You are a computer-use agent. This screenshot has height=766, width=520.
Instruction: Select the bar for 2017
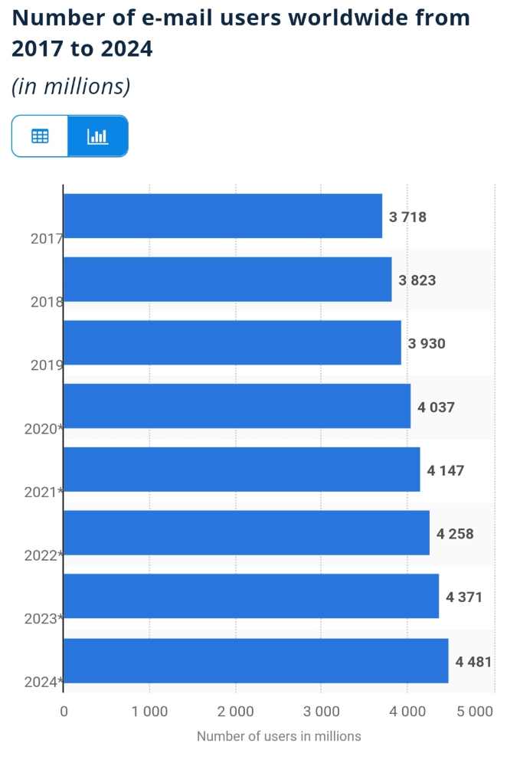click(222, 216)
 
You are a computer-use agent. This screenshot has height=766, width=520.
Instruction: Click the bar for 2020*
click(237, 406)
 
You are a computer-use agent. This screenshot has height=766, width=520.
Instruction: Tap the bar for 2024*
click(255, 660)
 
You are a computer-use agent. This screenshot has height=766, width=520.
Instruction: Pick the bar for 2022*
click(246, 533)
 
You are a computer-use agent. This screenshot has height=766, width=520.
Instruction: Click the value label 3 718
click(407, 217)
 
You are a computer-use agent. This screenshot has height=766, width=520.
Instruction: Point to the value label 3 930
click(427, 344)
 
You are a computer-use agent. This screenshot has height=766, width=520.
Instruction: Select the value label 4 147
click(446, 470)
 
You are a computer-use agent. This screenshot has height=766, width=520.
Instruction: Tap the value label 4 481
click(473, 661)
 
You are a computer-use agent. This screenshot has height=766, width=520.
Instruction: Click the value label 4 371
click(464, 597)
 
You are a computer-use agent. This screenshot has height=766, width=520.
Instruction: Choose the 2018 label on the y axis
click(46, 302)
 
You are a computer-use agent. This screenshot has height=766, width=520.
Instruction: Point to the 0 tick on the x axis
click(64, 712)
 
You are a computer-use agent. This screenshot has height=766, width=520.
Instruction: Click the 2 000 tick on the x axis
click(236, 712)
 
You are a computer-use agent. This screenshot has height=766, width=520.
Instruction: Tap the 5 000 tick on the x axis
click(475, 712)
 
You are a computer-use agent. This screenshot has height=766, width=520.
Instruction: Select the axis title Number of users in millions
click(279, 737)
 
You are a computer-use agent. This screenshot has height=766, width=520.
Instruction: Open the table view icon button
click(40, 136)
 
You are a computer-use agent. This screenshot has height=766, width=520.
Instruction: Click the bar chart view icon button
click(97, 136)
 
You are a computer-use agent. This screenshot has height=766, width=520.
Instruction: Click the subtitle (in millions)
click(70, 87)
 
